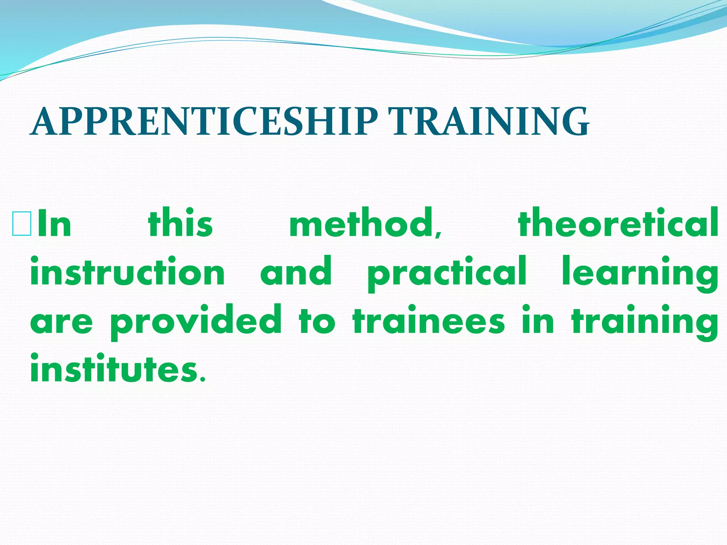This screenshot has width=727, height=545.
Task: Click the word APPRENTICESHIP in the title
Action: click(x=204, y=122)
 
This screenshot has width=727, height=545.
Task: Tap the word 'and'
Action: click(x=296, y=271)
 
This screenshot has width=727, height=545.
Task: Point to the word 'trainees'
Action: click(x=428, y=321)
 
